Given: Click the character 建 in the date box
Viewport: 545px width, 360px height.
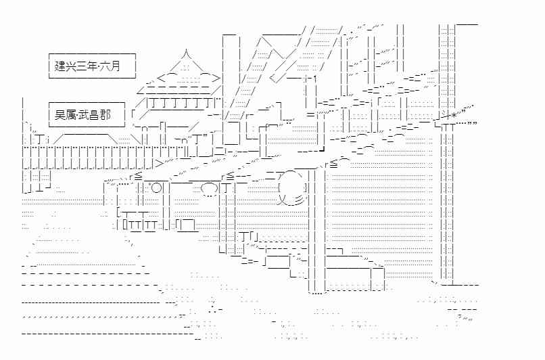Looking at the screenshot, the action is click(60, 66).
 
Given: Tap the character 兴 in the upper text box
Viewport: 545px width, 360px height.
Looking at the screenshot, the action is click(70, 66).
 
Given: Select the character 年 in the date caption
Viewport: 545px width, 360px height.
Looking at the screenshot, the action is click(92, 66).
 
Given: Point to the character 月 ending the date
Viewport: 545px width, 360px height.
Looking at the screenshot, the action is click(115, 66).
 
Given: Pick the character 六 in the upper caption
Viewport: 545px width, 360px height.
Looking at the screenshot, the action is click(104, 66).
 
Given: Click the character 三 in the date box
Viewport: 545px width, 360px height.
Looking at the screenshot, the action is click(81, 66).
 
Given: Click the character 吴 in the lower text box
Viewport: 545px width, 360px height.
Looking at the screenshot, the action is click(60, 115).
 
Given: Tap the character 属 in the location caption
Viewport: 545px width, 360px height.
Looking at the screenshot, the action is click(70, 115).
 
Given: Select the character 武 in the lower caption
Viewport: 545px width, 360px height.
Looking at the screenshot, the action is click(83, 115).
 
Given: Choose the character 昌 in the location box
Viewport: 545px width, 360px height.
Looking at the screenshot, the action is click(94, 115).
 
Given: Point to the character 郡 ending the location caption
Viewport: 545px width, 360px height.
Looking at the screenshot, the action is click(105, 115).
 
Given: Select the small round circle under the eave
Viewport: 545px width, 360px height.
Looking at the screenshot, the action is click(157, 188).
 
